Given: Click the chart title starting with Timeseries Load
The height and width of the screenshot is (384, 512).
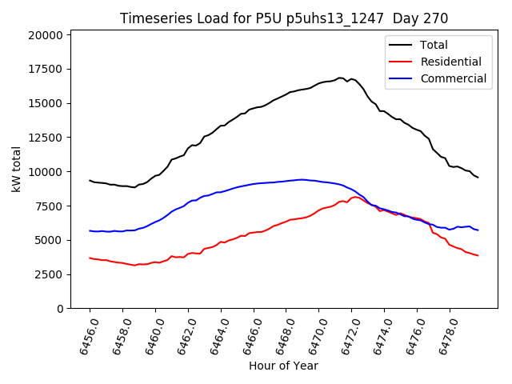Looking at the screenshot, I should (x=284, y=18).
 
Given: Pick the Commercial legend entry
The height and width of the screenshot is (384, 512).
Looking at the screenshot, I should (x=453, y=78).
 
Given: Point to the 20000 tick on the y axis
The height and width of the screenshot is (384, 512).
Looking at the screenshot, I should (x=45, y=35).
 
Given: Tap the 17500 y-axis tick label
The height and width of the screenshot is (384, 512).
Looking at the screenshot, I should (x=45, y=70).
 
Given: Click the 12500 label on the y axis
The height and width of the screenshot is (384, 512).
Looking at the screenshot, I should (x=45, y=138).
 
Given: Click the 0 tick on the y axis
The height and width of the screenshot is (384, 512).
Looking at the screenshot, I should (x=61, y=309).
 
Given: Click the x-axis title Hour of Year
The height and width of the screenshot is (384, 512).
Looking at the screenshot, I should (x=283, y=366).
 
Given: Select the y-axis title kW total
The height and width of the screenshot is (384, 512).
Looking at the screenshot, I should (x=16, y=170).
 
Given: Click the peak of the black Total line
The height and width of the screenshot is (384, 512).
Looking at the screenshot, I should (x=340, y=78).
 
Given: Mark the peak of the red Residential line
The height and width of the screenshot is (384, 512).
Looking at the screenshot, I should (x=354, y=197).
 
